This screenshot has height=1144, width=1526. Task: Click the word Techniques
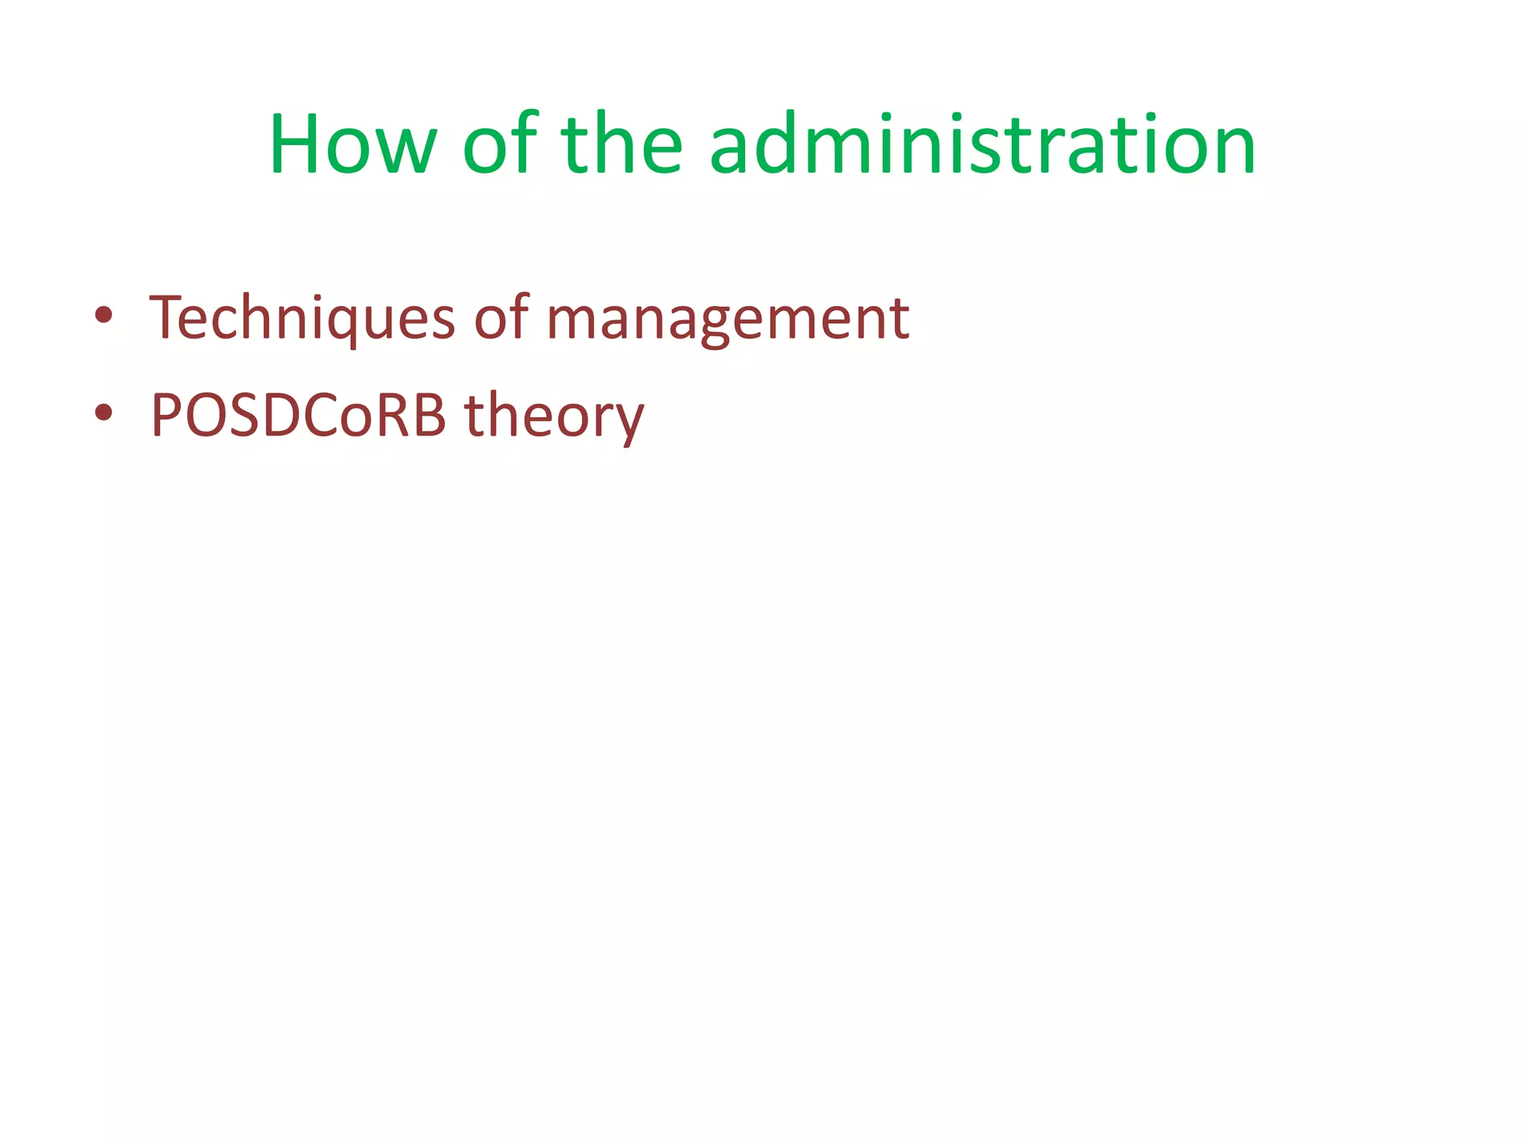point(302,319)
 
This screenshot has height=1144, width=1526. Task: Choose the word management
point(727,319)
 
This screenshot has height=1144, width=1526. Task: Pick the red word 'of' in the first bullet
point(501,319)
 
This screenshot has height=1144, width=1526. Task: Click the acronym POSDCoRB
point(298,416)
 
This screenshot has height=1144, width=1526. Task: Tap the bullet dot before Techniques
point(104,314)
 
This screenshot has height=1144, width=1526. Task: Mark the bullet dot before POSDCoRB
point(104,411)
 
